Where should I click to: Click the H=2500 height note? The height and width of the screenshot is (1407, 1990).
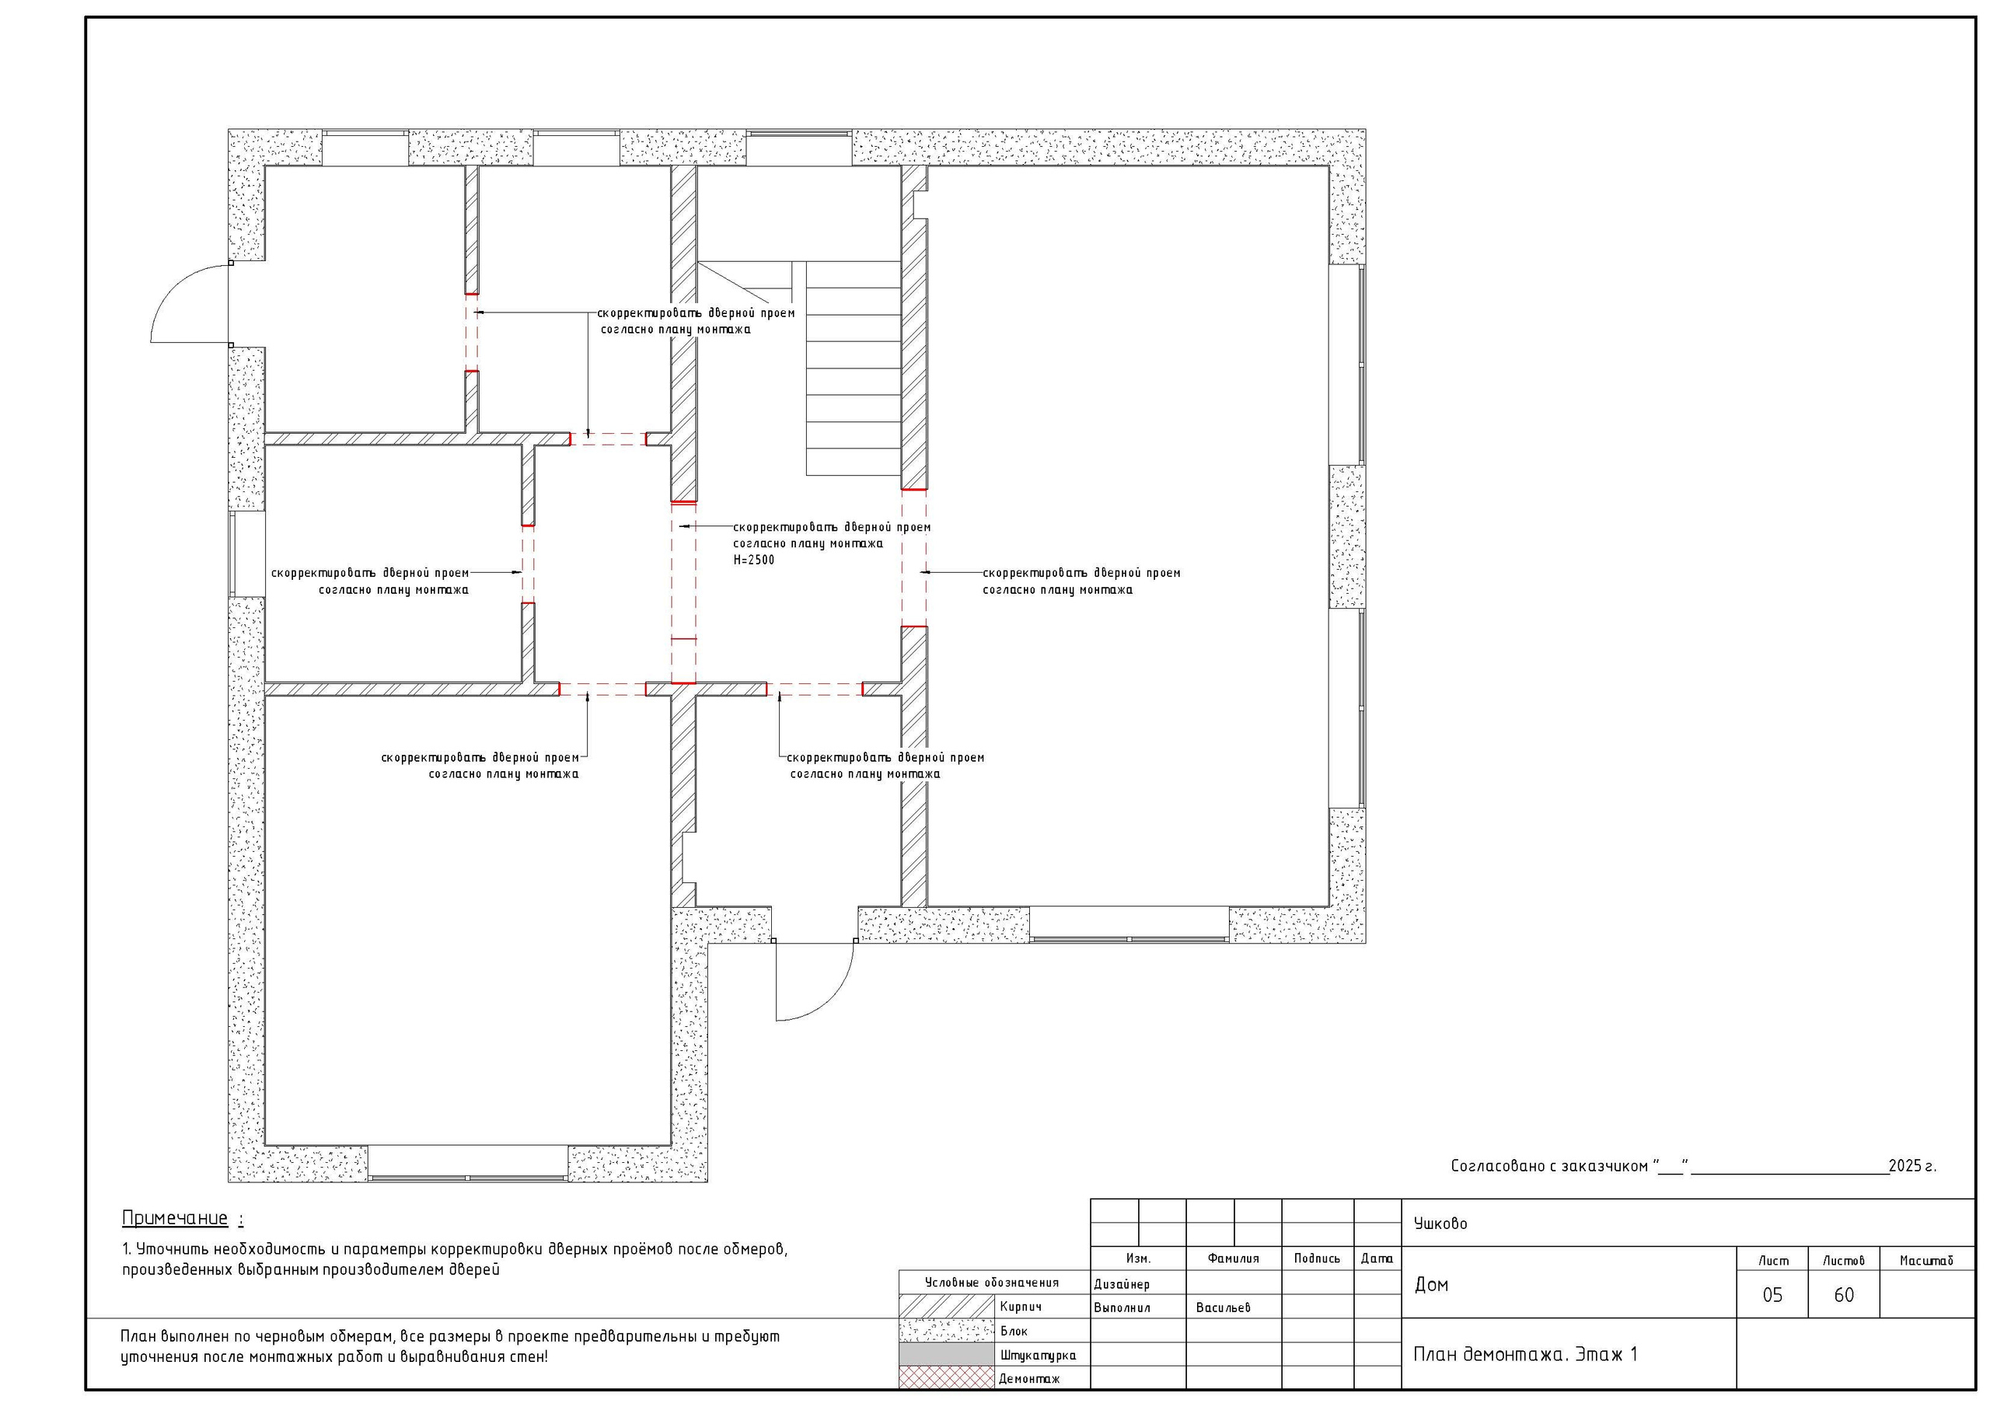(754, 560)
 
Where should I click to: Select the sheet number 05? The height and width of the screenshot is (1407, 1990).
(1772, 1295)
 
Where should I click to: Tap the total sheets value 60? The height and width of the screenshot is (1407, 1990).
(1844, 1295)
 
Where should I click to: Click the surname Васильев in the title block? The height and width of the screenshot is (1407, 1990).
(1223, 1307)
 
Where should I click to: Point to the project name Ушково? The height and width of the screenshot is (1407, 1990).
(1440, 1224)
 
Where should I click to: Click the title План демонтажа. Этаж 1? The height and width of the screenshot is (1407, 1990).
(1525, 1354)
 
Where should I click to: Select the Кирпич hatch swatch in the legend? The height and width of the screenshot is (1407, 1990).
(947, 1307)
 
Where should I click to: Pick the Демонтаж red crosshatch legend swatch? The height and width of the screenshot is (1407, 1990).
(947, 1377)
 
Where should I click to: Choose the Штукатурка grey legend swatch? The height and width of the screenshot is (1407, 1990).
(947, 1354)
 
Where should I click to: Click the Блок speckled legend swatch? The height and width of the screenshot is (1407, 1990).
(947, 1331)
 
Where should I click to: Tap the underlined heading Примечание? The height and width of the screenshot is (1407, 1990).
(175, 1218)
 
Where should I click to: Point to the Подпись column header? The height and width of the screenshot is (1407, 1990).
(1317, 1259)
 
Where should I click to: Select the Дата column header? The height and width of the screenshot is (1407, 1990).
(1377, 1259)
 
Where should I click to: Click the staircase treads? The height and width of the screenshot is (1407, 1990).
(853, 368)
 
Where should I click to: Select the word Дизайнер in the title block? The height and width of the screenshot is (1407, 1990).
(1122, 1284)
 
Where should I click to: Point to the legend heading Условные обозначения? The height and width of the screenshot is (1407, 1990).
(992, 1282)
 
